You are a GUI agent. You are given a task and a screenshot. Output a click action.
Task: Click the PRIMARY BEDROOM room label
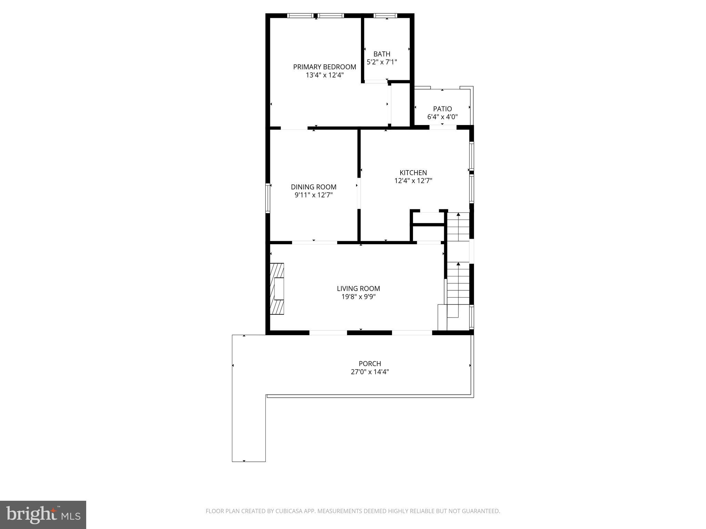pos(324,67)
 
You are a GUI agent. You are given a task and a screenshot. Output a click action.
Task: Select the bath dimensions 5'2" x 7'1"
pos(382,62)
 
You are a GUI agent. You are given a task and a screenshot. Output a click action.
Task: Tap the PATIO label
pos(442,109)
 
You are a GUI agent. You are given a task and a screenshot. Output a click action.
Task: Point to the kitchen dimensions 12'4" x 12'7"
pos(413,180)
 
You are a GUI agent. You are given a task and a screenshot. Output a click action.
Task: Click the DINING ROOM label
pos(313,187)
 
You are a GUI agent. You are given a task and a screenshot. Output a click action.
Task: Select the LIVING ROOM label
pos(358,289)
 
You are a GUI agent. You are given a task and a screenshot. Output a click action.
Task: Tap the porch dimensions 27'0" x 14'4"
pos(370,372)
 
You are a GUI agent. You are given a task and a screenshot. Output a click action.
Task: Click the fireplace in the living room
pos(277,289)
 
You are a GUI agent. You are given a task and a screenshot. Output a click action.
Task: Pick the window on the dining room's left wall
pos(267,198)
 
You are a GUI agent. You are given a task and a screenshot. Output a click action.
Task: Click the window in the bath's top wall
pos(385,15)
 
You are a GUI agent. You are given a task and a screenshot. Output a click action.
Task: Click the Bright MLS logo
pos(43,515)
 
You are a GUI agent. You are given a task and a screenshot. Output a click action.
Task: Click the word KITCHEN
pos(413,173)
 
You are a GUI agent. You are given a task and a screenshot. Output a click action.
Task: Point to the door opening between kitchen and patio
pos(443,127)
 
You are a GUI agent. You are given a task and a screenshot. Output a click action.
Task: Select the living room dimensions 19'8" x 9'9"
pos(358,297)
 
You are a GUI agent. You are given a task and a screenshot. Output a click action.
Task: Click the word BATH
pos(382,54)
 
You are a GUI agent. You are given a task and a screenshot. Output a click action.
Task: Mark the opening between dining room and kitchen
pos(359,193)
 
